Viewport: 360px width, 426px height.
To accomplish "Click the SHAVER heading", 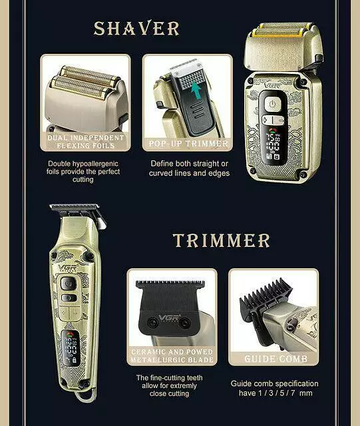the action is [136, 28].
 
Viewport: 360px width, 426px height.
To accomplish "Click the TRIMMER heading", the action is [221, 240].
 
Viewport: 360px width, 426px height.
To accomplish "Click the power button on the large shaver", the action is [273, 104].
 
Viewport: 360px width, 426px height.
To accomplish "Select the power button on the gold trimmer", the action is [68, 284].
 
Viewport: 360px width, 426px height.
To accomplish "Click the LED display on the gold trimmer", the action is [71, 348].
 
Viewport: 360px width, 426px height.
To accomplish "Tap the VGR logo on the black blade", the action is [169, 318].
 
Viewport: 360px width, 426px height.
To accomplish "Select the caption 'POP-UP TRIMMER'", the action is [188, 143].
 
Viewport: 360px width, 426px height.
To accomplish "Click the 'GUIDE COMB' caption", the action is [275, 359].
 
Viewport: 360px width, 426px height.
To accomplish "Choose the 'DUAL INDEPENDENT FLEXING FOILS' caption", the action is [86, 142].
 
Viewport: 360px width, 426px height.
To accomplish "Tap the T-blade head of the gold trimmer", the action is [77, 212].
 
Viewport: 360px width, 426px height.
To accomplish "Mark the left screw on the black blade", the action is [152, 322].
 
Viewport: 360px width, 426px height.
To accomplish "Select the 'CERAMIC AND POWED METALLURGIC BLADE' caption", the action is [172, 355].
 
